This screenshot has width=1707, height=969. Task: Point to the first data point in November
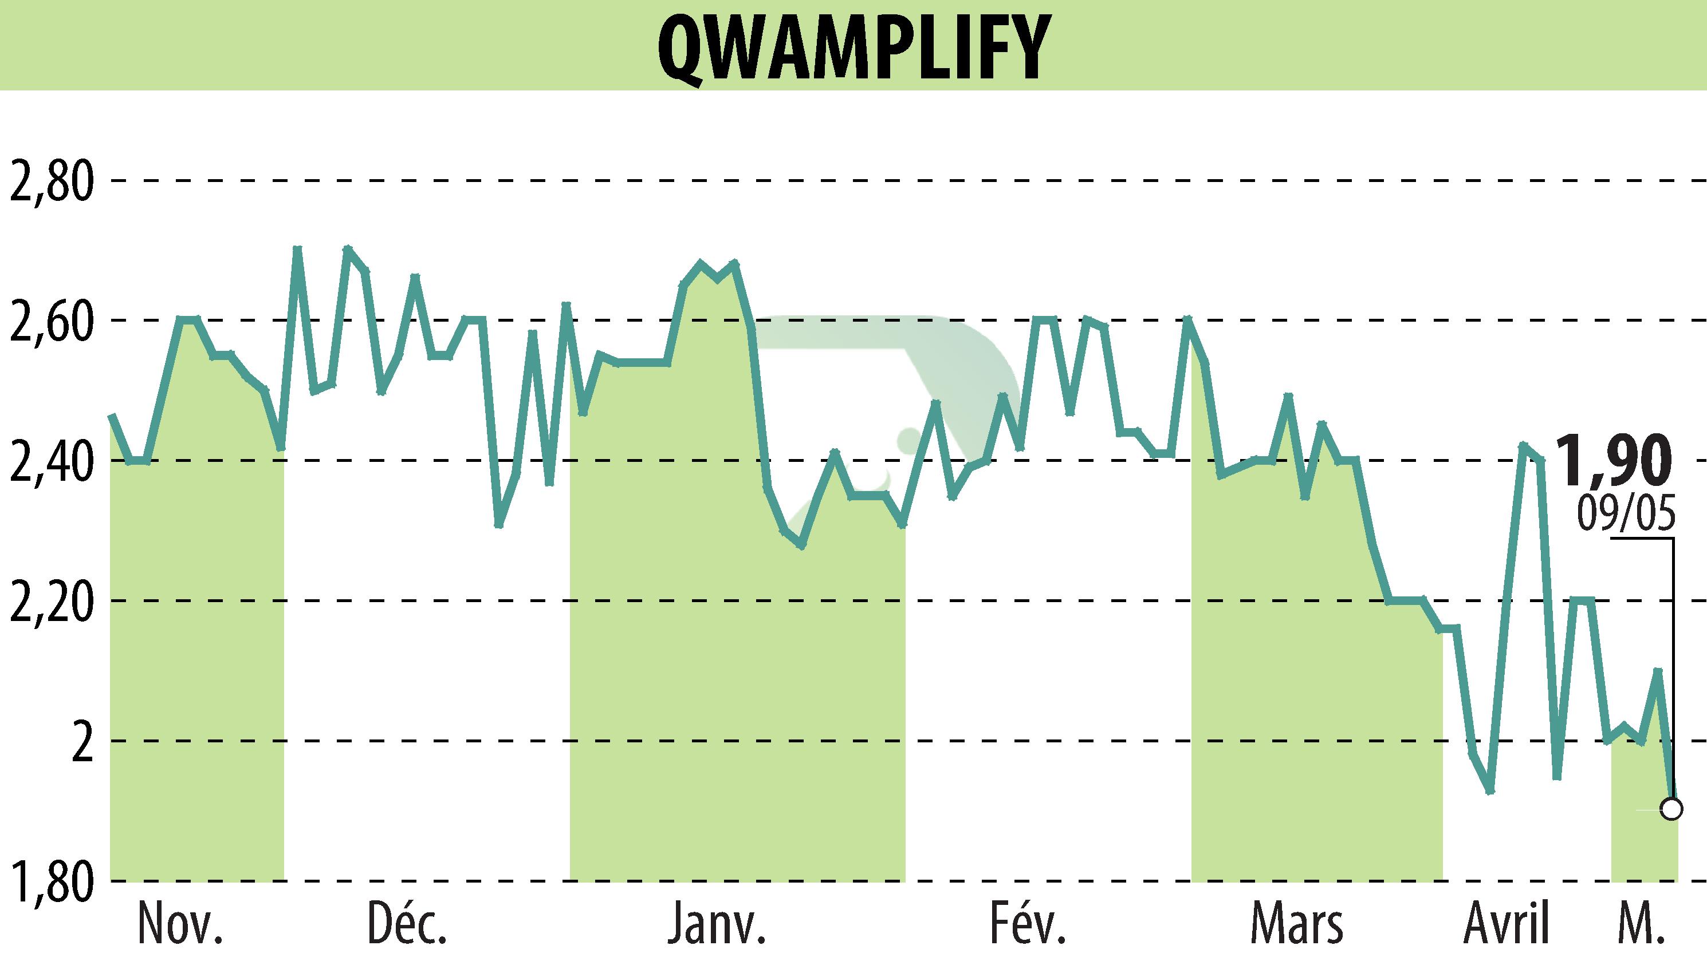coord(112,416)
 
